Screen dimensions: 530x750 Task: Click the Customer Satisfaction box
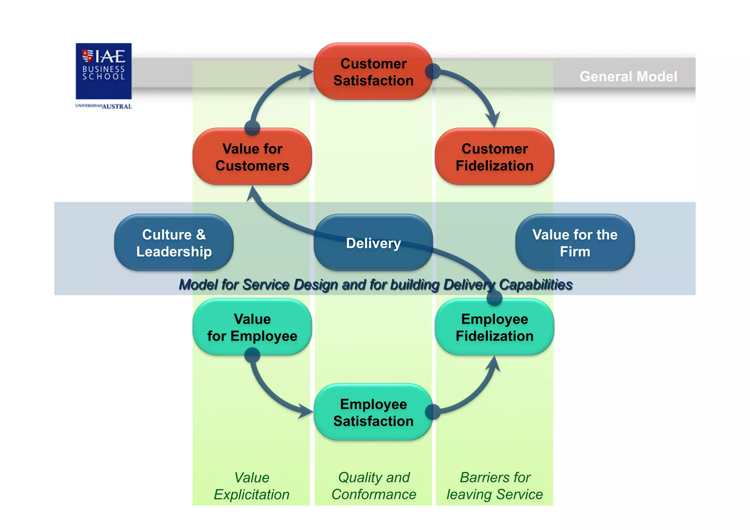[x=373, y=72]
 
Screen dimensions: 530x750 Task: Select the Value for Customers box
[x=252, y=157]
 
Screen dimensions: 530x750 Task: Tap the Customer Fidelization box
[x=494, y=157]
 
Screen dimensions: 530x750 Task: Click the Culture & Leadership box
[x=174, y=243]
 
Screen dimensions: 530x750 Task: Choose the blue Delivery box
[x=373, y=243]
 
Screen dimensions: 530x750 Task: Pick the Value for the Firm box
[x=575, y=243]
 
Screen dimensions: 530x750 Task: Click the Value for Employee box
[x=252, y=327]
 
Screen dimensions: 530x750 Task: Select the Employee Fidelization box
[x=494, y=327]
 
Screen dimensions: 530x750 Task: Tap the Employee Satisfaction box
[x=373, y=412]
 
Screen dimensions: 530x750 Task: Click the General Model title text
[x=628, y=77]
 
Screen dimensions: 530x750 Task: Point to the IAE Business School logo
[x=104, y=71]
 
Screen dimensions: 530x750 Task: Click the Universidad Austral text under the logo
[x=104, y=106]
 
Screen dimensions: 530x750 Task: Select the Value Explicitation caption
[x=252, y=486]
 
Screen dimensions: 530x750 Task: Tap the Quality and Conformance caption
[x=374, y=486]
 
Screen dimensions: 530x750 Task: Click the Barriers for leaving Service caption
[x=494, y=486]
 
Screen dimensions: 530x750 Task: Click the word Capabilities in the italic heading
[x=535, y=285]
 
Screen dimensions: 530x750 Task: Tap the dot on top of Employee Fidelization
[x=494, y=298]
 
